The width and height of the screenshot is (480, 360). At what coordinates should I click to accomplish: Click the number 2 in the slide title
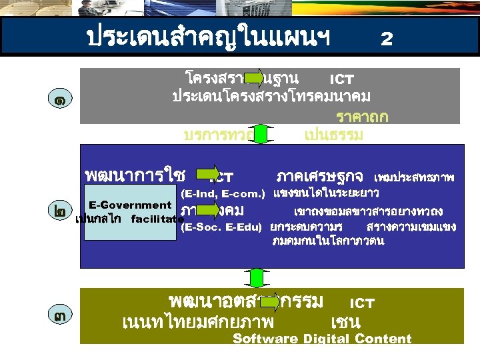[386, 39]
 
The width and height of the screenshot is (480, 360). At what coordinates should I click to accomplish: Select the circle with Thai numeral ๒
[61, 211]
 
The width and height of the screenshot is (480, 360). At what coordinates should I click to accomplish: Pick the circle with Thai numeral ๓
[61, 315]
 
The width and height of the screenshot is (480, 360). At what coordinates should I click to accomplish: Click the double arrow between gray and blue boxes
[261, 134]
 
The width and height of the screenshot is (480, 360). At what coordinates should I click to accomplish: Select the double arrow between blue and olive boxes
[261, 278]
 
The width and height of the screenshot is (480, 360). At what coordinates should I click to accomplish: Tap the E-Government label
[130, 205]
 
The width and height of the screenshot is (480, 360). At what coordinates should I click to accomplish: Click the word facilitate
[157, 219]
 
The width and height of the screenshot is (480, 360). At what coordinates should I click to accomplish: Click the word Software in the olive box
[265, 339]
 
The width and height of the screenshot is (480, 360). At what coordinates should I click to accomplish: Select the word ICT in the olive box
[362, 303]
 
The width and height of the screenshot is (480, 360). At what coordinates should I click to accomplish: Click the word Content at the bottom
[383, 339]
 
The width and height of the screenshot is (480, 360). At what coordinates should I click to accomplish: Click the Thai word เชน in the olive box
[345, 323]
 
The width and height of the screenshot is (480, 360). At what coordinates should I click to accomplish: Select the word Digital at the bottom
[327, 339]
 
